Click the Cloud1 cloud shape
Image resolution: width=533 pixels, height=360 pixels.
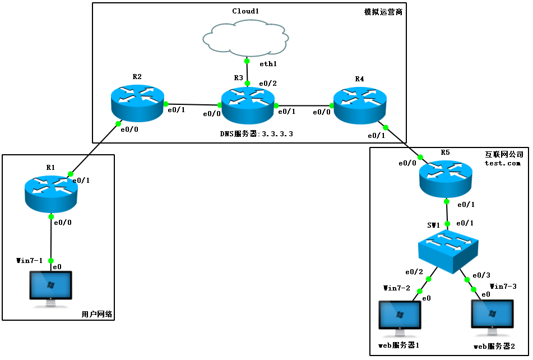[245, 37]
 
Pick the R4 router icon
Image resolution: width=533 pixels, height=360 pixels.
[359, 104]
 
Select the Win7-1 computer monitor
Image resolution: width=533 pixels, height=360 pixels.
[50, 287]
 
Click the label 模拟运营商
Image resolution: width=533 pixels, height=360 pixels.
[383, 12]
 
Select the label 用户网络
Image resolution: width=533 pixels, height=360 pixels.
[97, 315]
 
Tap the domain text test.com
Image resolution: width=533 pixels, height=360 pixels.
[503, 163]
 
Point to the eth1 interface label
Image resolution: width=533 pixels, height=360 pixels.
[268, 64]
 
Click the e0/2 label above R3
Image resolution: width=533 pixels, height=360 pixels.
[267, 84]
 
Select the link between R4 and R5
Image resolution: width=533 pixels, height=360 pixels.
[402, 141]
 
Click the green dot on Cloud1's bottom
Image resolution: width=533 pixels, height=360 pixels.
[247, 60]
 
